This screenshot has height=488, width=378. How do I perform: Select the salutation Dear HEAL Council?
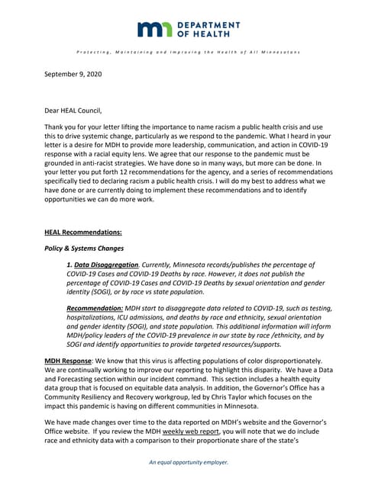(x=77, y=111)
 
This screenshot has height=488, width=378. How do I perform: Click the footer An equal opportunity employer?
(x=189, y=462)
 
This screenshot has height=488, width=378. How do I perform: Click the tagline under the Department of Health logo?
(x=189, y=51)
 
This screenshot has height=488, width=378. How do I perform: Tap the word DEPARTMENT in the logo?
(x=208, y=25)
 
